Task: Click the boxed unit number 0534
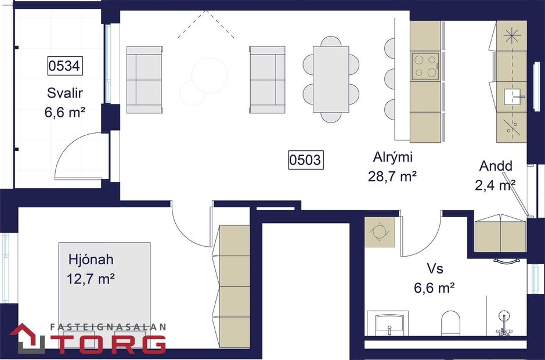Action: click(64, 66)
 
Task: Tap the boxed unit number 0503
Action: click(305, 160)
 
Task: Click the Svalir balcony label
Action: click(64, 93)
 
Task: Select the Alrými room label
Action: click(392, 157)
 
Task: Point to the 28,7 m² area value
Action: click(392, 176)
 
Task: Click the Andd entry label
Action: click(496, 166)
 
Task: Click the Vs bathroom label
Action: click(435, 268)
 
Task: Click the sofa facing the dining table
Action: click(268, 80)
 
